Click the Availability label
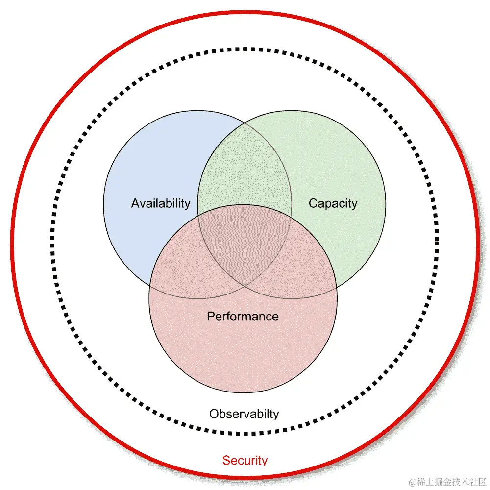click(160, 203)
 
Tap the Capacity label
click(333, 203)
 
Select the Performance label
click(243, 317)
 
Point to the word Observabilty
click(244, 414)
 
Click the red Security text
click(245, 461)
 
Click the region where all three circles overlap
click(244, 240)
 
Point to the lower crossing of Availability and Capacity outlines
click(244, 286)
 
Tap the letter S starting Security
click(226, 461)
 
